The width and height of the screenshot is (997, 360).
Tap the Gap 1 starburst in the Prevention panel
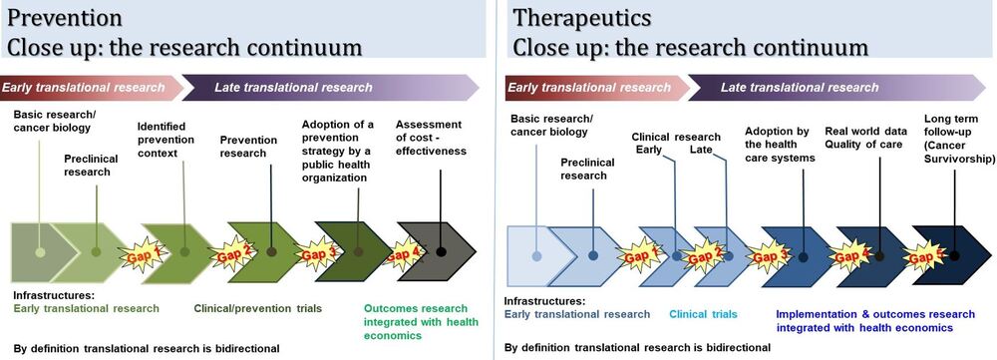(x=142, y=255)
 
